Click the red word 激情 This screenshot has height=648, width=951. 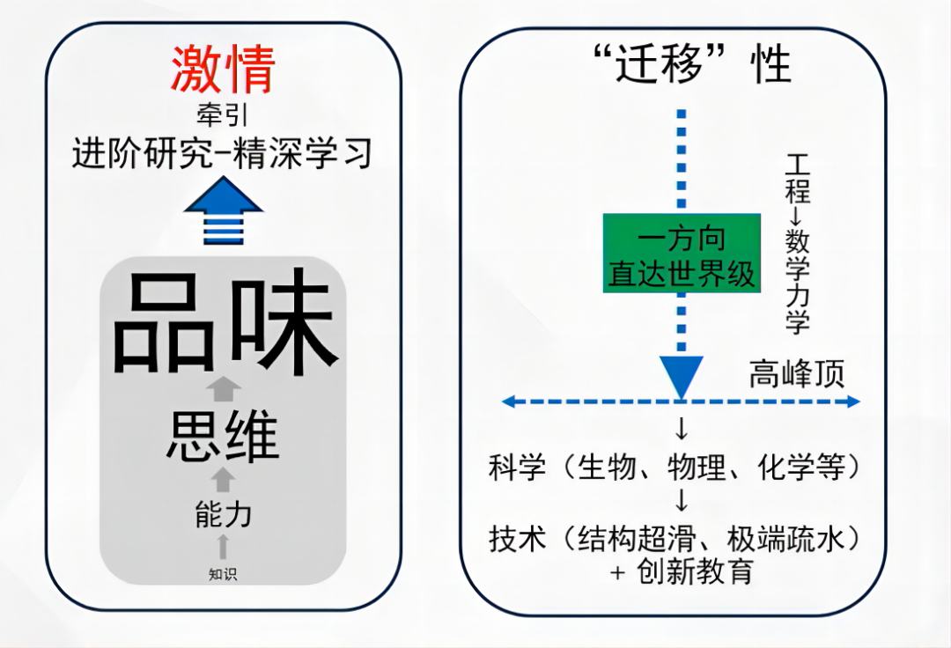pos(223,70)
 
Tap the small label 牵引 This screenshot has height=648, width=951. pos(223,115)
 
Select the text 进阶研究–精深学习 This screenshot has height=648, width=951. pos(223,153)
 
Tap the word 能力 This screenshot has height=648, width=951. pos(223,513)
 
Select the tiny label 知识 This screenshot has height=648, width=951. pos(223,575)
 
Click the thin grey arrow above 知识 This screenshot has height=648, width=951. pos(223,546)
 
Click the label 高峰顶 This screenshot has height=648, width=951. pos(796,373)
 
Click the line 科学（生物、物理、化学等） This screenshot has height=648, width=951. pos(674,468)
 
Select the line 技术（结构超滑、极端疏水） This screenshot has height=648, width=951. pos(674,538)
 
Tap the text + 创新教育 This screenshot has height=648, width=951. pos(682,571)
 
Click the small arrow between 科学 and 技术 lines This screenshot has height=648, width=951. pos(682,502)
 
